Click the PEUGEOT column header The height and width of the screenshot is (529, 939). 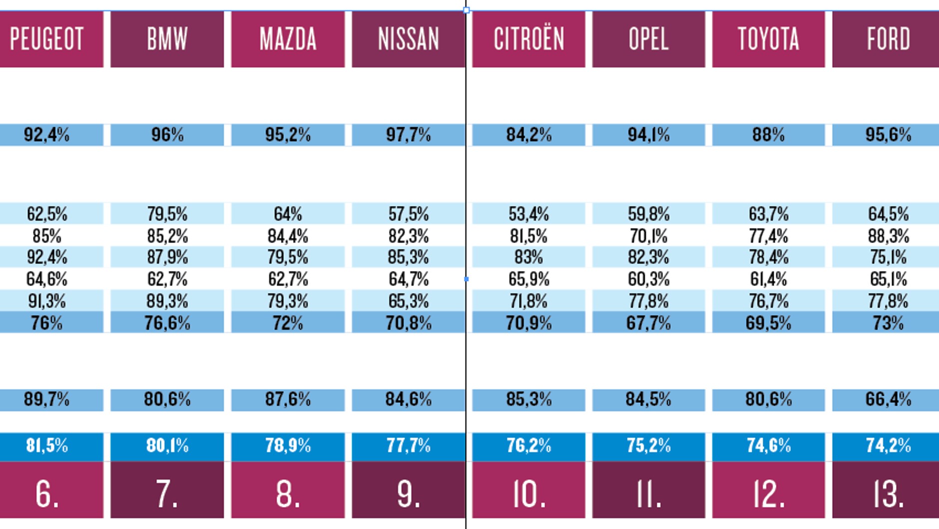51,39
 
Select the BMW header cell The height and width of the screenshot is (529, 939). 167,39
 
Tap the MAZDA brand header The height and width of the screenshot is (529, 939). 288,39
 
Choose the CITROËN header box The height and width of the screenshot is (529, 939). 528,39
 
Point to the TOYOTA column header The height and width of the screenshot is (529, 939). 769,39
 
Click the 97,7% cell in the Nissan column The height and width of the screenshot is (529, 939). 408,135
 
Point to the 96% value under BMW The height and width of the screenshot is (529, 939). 167,135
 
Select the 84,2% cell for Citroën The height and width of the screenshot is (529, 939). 528,135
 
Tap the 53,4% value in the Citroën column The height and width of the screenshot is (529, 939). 528,214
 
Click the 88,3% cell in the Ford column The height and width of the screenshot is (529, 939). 889,236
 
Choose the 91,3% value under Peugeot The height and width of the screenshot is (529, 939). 47,301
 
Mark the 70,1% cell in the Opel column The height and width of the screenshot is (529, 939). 649,236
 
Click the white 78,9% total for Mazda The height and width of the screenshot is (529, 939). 288,445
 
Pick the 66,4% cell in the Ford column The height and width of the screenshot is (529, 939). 889,399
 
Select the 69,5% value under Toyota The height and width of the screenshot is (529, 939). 769,323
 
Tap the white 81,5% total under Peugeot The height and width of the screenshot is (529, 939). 47,445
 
